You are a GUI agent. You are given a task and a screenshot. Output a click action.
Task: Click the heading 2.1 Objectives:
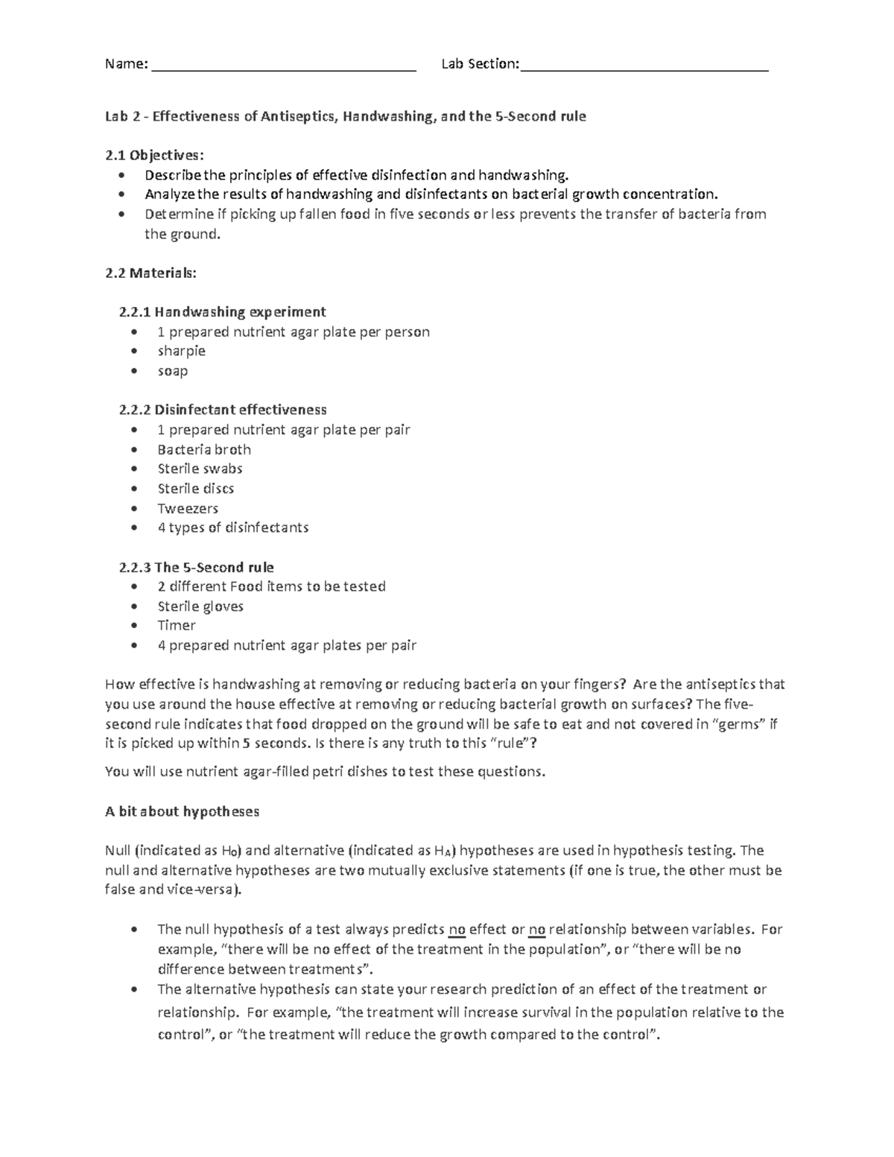point(153,156)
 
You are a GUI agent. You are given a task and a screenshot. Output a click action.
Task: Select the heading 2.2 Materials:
point(151,273)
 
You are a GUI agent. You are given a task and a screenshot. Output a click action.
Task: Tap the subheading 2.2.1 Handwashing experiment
point(222,311)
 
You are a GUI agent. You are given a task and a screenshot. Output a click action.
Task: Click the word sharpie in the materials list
point(181,351)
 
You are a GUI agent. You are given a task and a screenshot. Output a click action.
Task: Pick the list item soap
point(172,371)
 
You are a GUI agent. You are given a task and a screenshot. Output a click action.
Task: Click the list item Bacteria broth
point(203,449)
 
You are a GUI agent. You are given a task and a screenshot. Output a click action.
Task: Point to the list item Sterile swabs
point(200,469)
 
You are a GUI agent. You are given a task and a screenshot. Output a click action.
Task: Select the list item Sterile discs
point(195,489)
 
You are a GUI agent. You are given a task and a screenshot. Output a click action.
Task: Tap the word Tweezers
point(188,508)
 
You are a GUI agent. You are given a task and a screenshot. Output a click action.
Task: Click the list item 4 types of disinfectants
point(232,527)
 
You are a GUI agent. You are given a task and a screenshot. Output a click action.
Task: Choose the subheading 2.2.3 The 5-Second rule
point(196,567)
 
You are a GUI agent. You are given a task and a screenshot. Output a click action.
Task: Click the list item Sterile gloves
point(200,606)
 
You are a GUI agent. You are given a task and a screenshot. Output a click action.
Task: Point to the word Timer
point(177,626)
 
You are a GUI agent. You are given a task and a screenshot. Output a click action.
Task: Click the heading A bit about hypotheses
point(182,811)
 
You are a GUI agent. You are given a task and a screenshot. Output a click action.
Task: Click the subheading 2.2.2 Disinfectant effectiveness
point(222,410)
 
